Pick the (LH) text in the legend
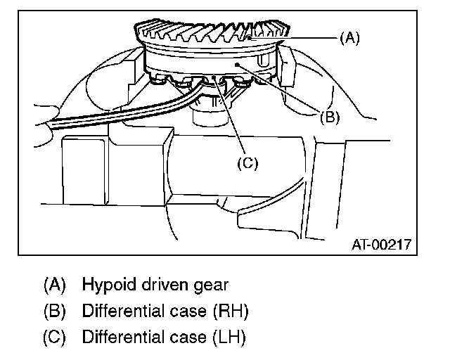230,337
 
